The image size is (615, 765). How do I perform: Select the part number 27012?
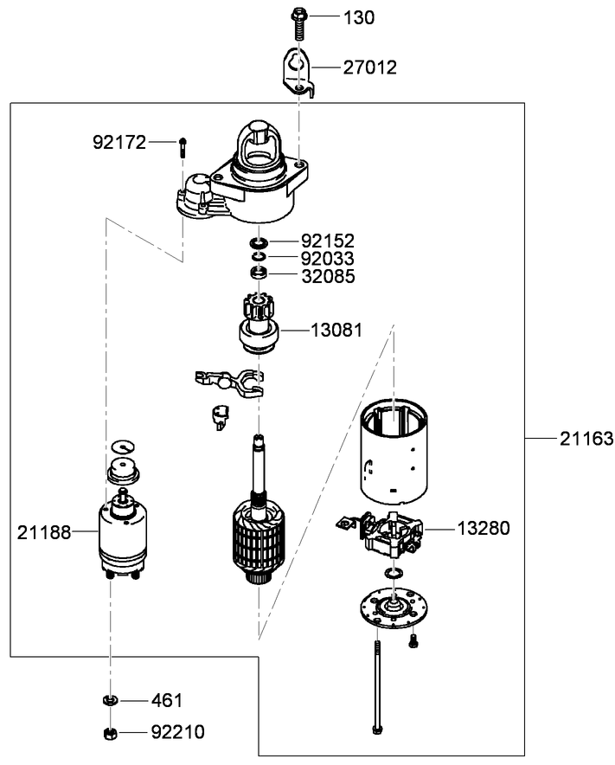pyautogui.click(x=368, y=67)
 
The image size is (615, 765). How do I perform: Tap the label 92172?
pyautogui.click(x=120, y=141)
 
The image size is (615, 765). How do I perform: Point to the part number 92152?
pyautogui.click(x=328, y=240)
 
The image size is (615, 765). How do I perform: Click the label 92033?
pyautogui.click(x=328, y=258)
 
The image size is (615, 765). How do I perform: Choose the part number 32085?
pyautogui.click(x=328, y=276)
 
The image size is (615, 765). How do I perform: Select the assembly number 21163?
pyautogui.click(x=586, y=439)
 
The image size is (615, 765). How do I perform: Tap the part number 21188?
pyautogui.click(x=45, y=531)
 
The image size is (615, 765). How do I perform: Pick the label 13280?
pyautogui.click(x=484, y=528)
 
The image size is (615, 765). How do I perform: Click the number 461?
pyautogui.click(x=167, y=699)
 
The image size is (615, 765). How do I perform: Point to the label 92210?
pyautogui.click(x=177, y=732)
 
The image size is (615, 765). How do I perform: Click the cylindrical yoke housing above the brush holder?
pyautogui.click(x=394, y=453)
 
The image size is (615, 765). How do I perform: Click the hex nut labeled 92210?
pyautogui.click(x=110, y=734)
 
